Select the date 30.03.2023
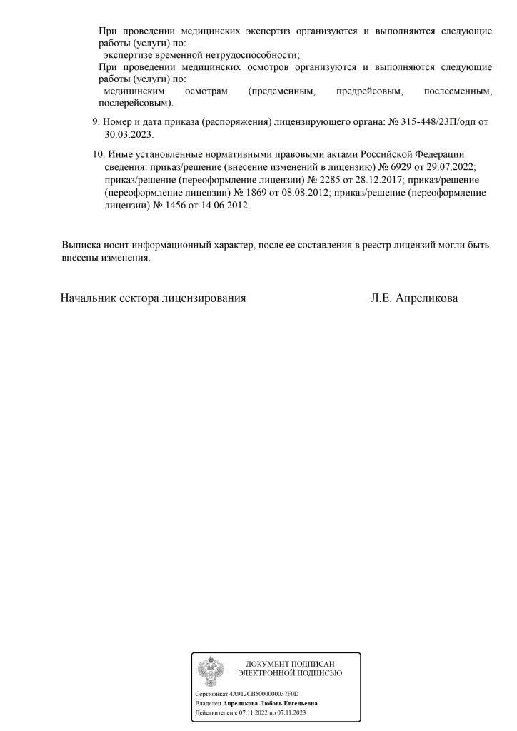tap(129, 134)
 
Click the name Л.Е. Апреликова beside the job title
tap(414, 298)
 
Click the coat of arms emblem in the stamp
tap(211, 671)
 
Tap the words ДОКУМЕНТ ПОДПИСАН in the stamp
tap(290, 664)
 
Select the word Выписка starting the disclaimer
tap(81, 245)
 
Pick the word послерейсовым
tap(135, 103)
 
